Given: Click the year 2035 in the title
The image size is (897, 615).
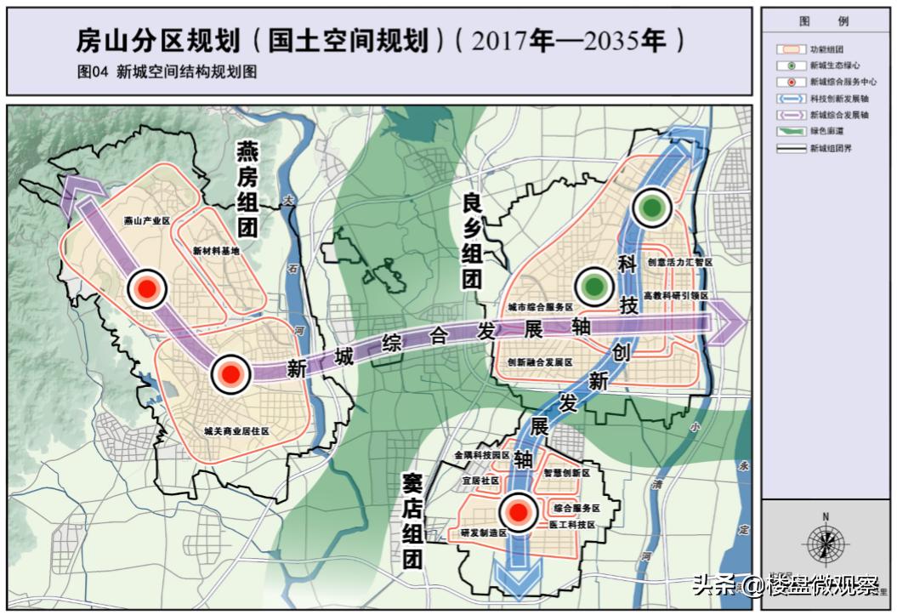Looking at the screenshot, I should click(587, 41).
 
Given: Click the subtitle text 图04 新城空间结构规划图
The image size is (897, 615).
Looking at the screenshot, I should click(167, 73).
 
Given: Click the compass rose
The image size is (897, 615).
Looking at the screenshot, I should click(824, 543).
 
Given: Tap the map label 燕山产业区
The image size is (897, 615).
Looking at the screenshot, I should click(146, 220).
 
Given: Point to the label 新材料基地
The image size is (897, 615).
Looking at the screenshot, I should click(217, 251).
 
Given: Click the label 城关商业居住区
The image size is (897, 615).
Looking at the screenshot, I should click(236, 431).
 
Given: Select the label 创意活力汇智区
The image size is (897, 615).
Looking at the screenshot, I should click(678, 263).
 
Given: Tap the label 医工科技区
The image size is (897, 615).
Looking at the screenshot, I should click(571, 525).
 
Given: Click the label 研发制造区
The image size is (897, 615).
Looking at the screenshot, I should click(483, 532).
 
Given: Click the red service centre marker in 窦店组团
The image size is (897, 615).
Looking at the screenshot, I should click(516, 512).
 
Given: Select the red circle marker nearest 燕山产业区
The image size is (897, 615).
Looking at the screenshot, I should click(145, 289).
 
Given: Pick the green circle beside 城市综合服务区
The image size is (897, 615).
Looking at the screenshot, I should click(593, 287).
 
